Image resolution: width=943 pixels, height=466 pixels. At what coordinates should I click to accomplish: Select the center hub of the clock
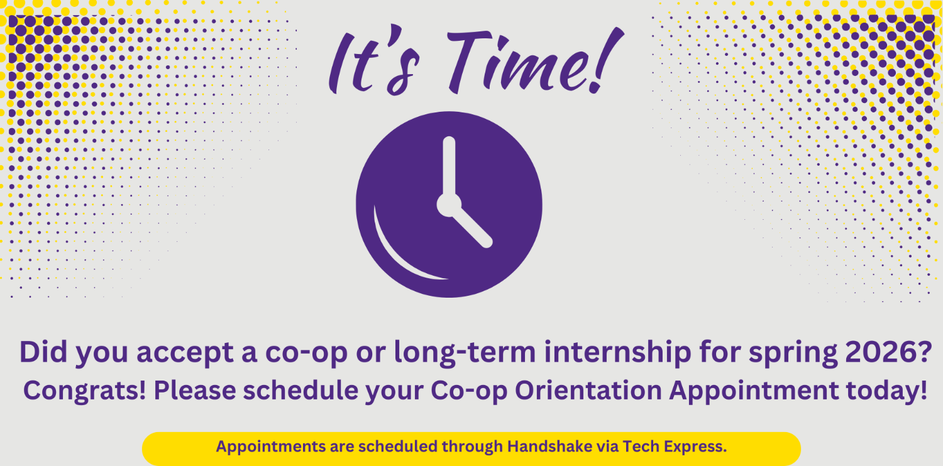pyautogui.click(x=449, y=205)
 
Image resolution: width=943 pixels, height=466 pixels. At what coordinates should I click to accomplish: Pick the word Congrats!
pyautogui.click(x=85, y=391)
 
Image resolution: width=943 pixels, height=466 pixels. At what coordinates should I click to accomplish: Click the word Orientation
pyautogui.click(x=589, y=391)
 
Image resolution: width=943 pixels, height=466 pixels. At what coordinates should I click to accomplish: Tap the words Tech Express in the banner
pyautogui.click(x=675, y=447)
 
